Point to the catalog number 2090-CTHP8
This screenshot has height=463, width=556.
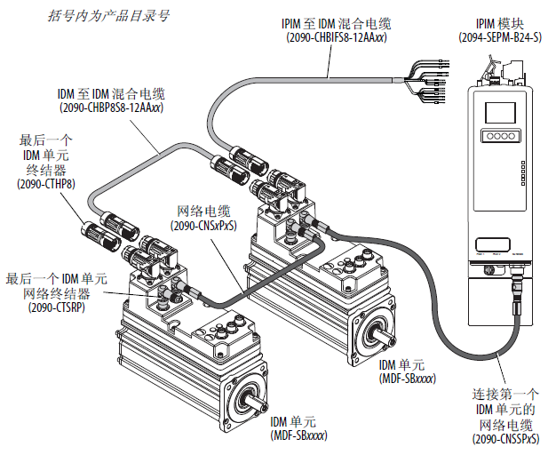(48, 183)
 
